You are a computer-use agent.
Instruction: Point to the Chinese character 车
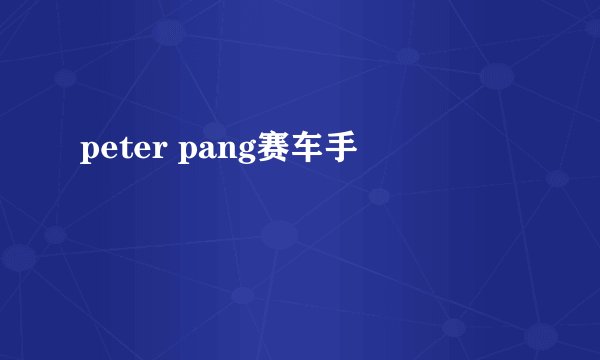tap(305, 149)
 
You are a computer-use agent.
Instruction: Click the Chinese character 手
tap(339, 149)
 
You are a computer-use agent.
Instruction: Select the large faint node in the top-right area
tap(496, 75)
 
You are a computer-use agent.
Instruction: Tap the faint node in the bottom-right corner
tap(541, 334)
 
